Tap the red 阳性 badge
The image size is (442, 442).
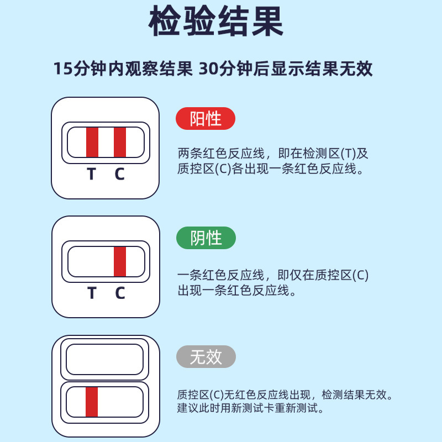tap(206, 119)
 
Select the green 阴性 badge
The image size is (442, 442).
tap(206, 238)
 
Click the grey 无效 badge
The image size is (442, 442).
tap(206, 357)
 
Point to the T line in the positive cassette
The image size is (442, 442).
tap(92, 143)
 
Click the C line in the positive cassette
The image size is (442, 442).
tap(120, 143)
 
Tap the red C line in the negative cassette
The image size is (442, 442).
tap(120, 261)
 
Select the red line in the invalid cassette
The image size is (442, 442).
tap(92, 402)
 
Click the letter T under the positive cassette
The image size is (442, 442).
tap(92, 174)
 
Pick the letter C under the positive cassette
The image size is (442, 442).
tap(120, 174)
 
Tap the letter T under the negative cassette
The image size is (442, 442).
tap(92, 293)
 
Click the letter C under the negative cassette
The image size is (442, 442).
tap(120, 293)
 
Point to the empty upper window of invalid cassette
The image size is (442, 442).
tap(105, 359)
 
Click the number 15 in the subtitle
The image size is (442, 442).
tap(62, 70)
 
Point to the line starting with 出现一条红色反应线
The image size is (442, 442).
tap(233, 290)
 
